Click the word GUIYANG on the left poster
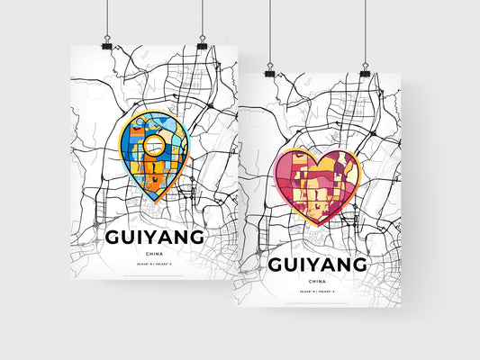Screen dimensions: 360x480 (x=155, y=237)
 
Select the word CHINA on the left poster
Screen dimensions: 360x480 (x=155, y=255)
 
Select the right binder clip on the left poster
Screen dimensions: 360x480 (x=201, y=43)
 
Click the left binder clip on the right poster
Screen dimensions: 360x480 (x=271, y=70)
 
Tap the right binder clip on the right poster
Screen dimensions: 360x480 (x=365, y=70)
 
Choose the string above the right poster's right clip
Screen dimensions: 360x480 (x=365, y=31)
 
